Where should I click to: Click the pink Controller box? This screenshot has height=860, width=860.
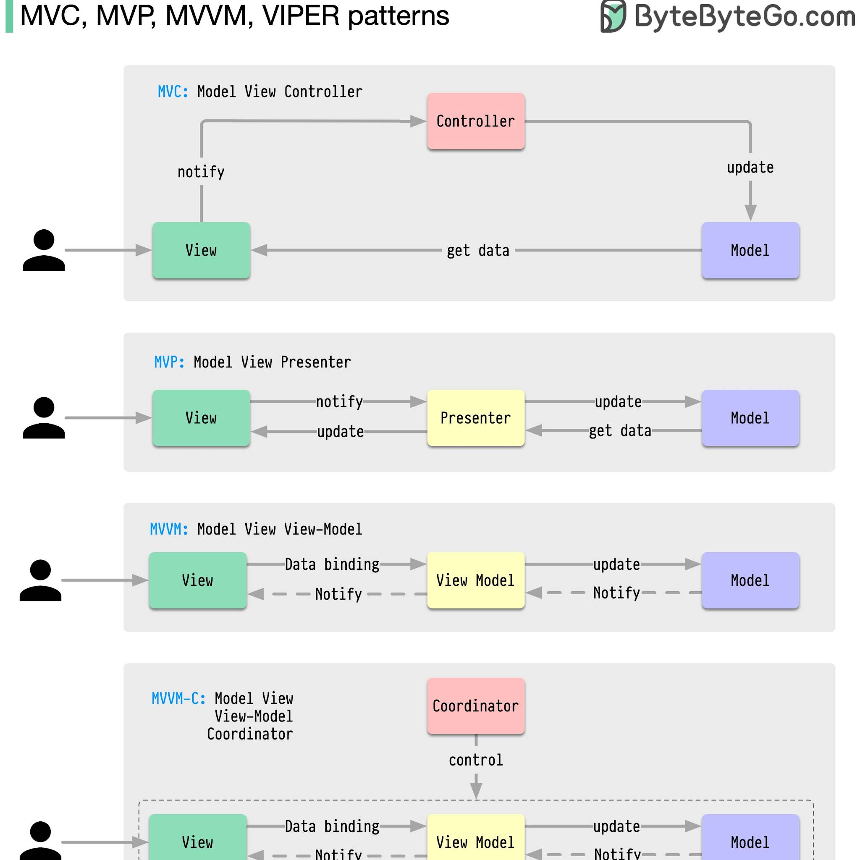475,121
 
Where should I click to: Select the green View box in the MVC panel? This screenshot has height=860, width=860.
201,250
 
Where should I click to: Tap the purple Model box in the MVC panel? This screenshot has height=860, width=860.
750,250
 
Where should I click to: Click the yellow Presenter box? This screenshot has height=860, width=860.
475,417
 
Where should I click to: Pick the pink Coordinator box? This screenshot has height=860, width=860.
475,705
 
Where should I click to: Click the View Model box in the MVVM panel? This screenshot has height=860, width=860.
475,580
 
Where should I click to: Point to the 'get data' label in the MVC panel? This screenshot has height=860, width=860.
477,251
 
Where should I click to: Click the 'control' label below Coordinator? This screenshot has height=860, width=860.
475,760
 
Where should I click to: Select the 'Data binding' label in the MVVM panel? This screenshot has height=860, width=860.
332,564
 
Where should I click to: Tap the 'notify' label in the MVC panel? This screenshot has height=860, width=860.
201,172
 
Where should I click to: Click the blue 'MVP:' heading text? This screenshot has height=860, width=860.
169,362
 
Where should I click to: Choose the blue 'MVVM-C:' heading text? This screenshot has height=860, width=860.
178,698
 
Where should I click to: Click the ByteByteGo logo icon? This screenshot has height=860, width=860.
613,16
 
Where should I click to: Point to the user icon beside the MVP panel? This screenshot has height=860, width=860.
44,417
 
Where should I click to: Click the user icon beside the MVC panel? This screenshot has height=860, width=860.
44,250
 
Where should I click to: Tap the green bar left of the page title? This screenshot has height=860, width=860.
9,16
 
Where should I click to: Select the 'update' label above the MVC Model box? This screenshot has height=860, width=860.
750,168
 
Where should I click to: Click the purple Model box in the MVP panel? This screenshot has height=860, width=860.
750,417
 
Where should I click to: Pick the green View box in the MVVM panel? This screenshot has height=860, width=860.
198,580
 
